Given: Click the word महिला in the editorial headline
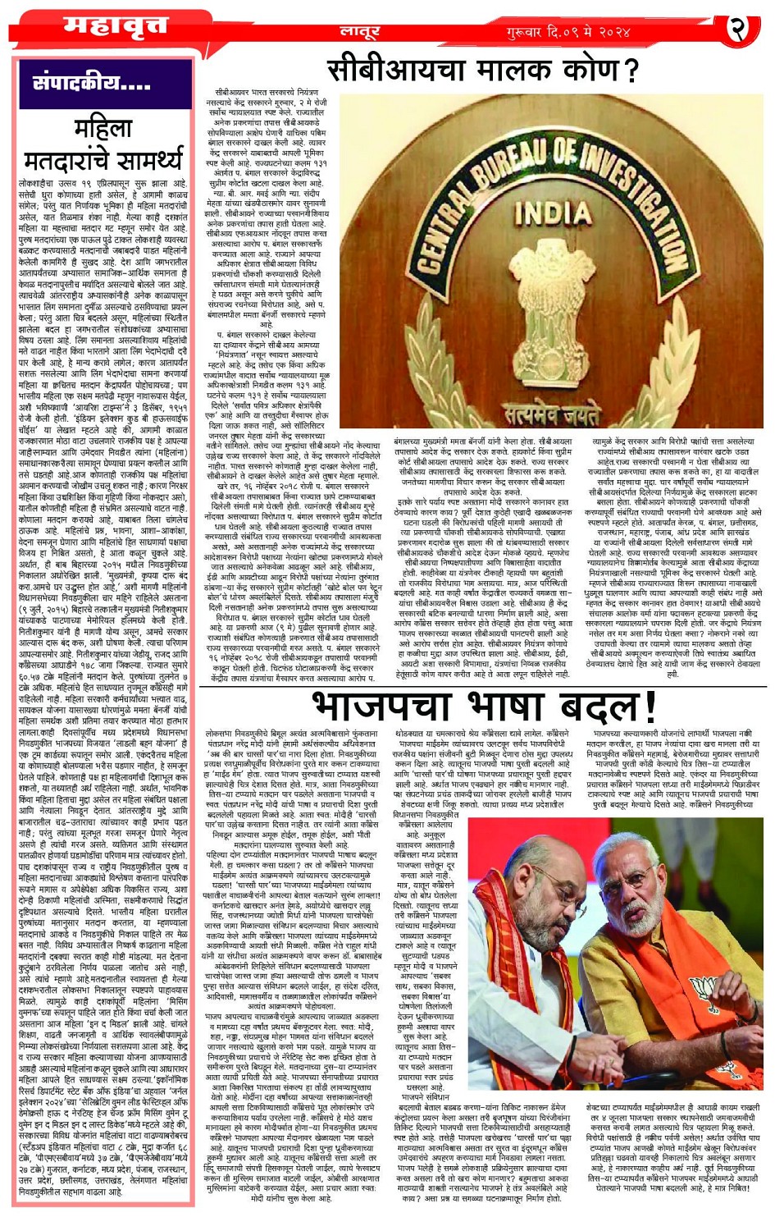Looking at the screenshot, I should (103, 129).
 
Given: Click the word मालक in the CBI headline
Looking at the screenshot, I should (515, 70).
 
